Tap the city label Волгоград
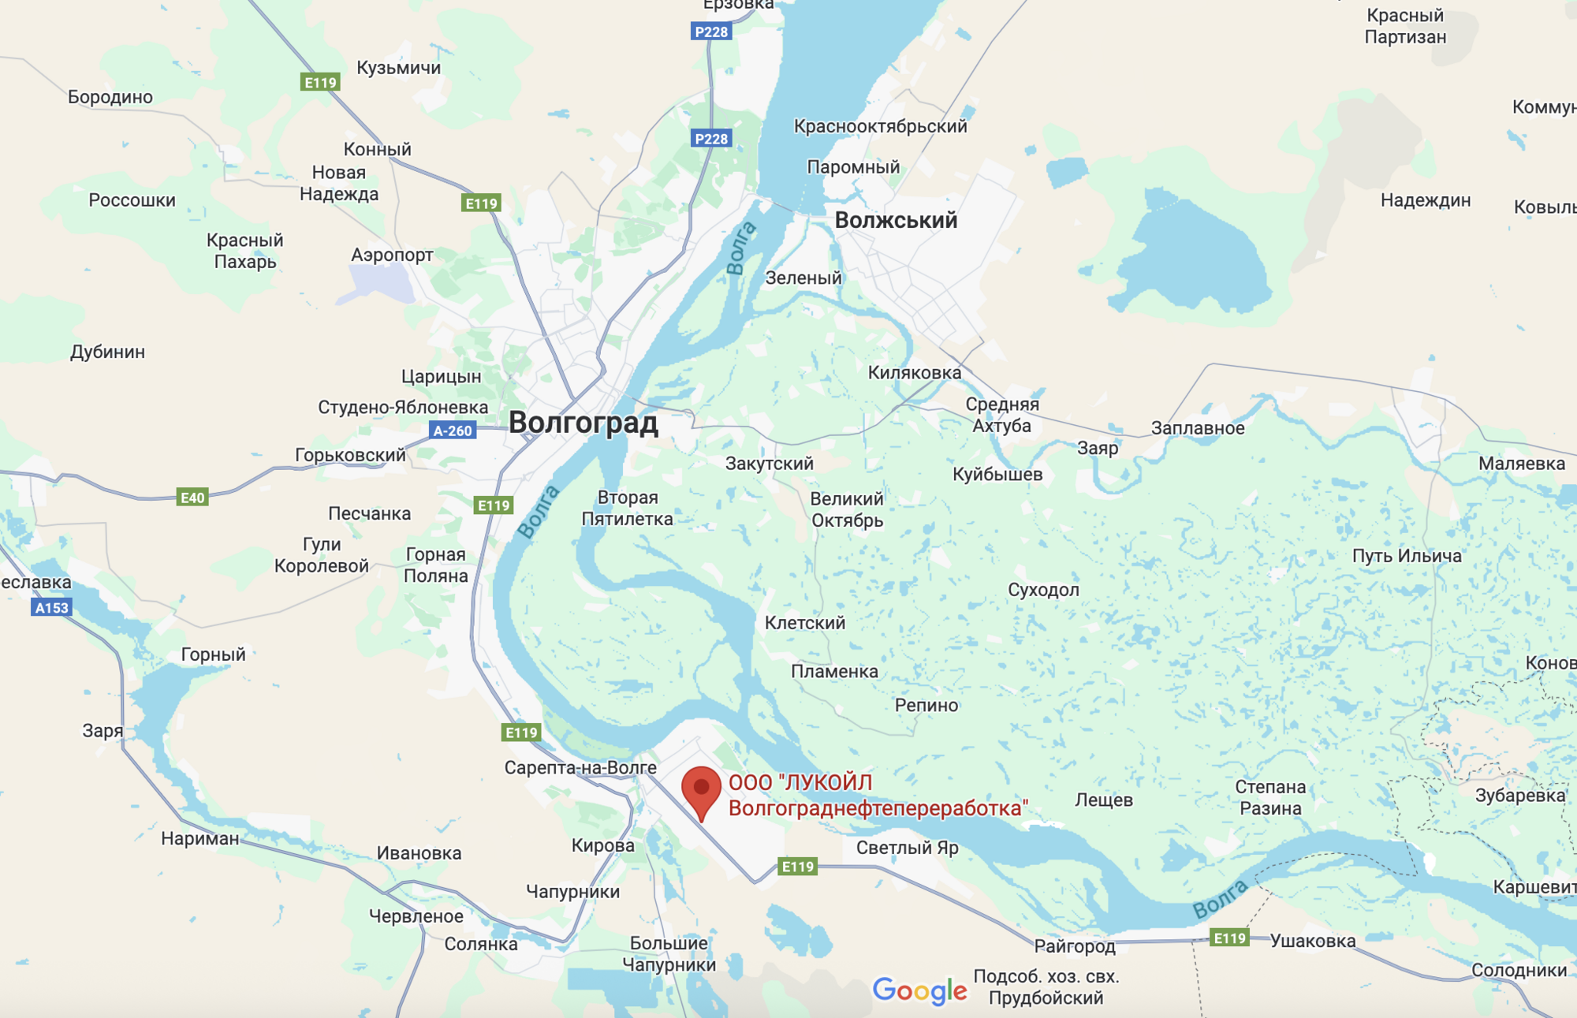583,423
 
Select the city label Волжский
896,220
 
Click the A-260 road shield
453,431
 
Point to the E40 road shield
192,498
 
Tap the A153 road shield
52,607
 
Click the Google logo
919,990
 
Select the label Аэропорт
392,255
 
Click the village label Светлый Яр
907,848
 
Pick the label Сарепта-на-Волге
580,767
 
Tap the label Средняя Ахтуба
1002,415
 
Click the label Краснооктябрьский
880,126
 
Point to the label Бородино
110,97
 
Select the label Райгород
1074,945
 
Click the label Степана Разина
1270,797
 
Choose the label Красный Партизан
1405,26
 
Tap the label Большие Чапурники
669,953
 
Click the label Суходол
1043,590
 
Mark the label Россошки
132,200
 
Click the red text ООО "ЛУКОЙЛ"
800,782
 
